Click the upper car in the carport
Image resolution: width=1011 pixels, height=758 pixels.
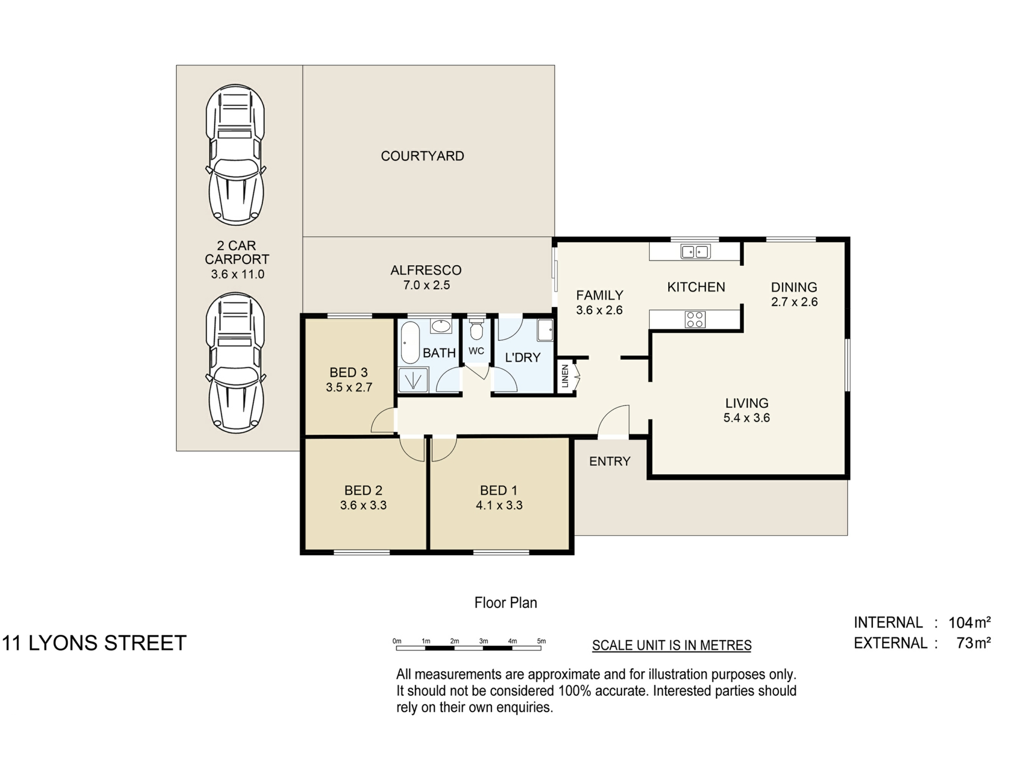tap(235, 155)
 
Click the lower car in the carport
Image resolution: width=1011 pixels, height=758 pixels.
tap(235, 363)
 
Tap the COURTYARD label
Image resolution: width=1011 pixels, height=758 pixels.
tap(422, 156)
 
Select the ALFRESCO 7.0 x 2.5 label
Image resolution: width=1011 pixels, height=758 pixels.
tap(426, 277)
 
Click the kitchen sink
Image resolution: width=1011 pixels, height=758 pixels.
tap(695, 252)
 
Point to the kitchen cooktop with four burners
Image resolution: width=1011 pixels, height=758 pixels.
tap(695, 319)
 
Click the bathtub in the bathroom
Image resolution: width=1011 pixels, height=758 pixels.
tap(410, 343)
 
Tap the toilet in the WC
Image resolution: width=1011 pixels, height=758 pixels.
tap(476, 330)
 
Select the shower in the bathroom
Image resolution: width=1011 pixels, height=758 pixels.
tap(413, 380)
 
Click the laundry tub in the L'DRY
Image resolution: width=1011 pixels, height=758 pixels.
tap(545, 330)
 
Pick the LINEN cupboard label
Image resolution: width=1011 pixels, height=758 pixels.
tap(565, 376)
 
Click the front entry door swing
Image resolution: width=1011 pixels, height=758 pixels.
tap(614, 421)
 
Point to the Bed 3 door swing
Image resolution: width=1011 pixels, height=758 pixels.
tap(383, 421)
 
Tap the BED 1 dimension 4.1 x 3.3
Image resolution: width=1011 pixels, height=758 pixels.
tap(499, 505)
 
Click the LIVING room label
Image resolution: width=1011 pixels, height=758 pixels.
tap(747, 403)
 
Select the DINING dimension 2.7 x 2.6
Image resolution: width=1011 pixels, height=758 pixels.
tap(794, 302)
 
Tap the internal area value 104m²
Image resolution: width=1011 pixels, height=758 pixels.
tap(969, 622)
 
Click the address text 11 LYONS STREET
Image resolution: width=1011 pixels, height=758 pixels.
tap(95, 643)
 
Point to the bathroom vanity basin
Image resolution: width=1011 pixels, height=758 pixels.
tap(441, 326)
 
